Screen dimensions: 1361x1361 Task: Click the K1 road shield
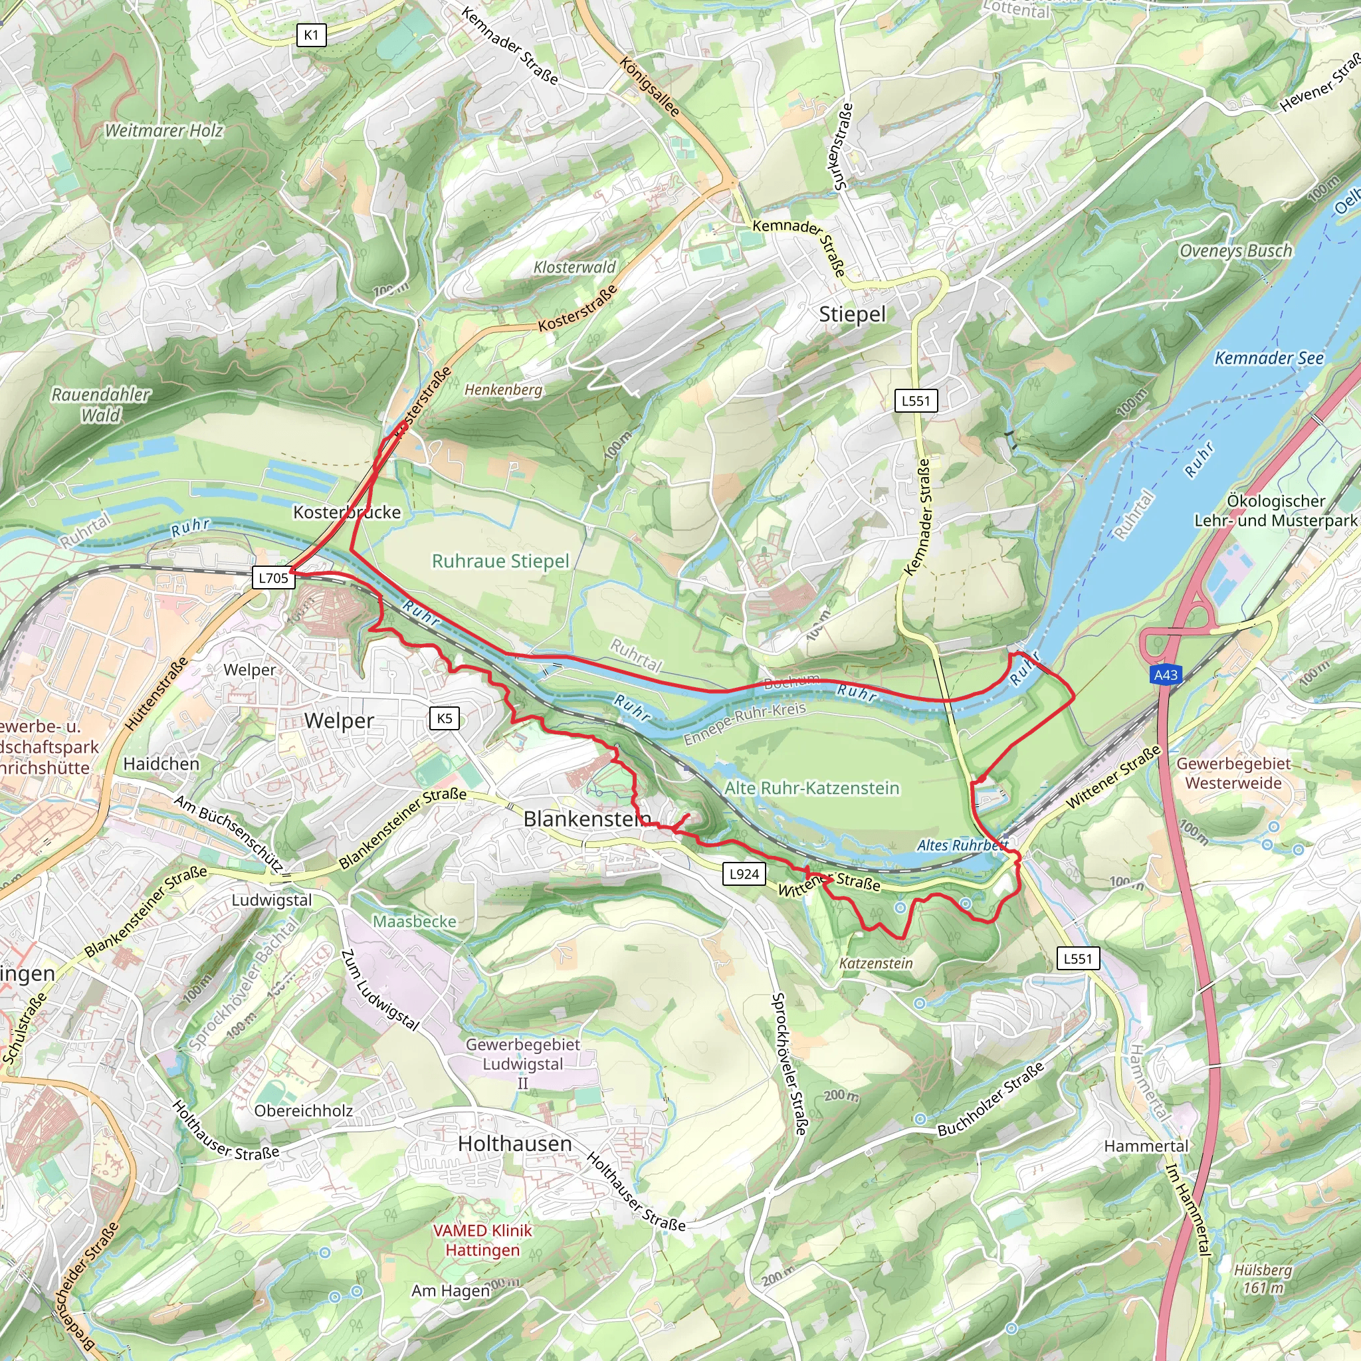pos(312,35)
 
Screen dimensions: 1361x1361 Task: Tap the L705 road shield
pos(274,578)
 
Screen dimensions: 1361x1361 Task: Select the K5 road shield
pos(445,718)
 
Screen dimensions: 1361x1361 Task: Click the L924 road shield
pos(744,875)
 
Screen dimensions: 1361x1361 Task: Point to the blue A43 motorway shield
pos(1165,675)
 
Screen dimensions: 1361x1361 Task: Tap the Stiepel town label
pos(852,314)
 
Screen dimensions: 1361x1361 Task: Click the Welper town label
pos(339,720)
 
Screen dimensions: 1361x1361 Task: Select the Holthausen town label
pos(515,1143)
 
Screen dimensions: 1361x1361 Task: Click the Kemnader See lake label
pos(1269,359)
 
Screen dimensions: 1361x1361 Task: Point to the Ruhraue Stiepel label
pos(500,561)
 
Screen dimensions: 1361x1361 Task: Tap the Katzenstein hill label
pos(876,963)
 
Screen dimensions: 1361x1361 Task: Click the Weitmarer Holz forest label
pos(163,130)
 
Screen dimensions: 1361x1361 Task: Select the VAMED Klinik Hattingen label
pos(482,1241)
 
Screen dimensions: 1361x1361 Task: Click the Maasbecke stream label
pos(414,922)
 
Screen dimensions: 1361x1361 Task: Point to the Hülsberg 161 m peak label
pos(1263,1278)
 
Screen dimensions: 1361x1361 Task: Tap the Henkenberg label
pos(503,389)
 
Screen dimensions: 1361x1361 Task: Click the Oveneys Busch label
pos(1235,251)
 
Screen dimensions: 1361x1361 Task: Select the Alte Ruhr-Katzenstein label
pos(811,788)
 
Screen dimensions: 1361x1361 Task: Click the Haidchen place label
pos(161,764)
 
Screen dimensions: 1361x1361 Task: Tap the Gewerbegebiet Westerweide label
pos(1233,773)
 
